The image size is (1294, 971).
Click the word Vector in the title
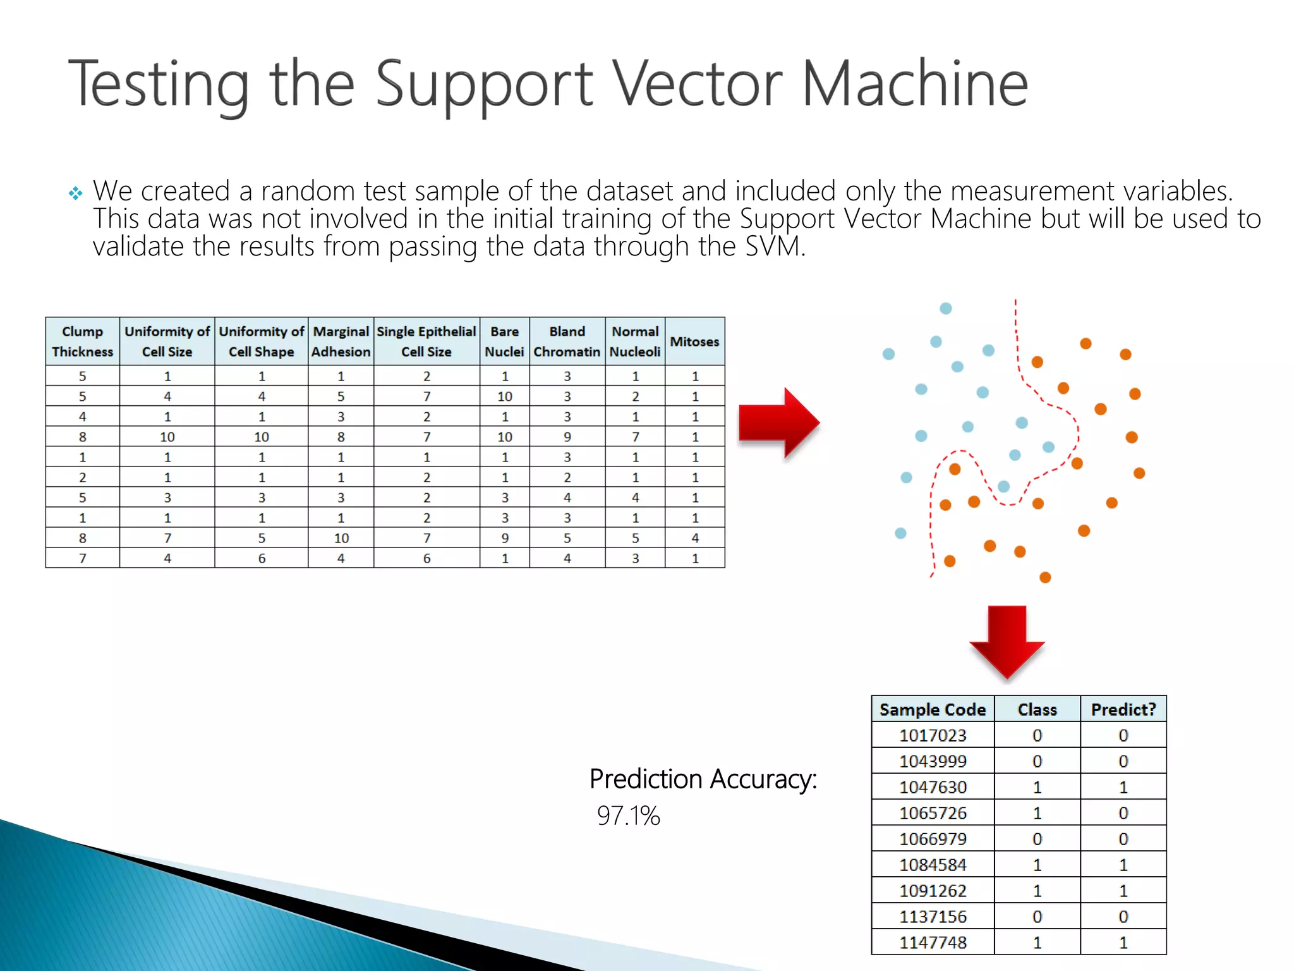(698, 83)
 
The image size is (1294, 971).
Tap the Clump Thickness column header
(82, 341)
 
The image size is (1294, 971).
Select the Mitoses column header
(694, 341)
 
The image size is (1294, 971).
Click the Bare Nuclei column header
(504, 341)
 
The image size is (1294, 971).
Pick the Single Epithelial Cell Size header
(426, 341)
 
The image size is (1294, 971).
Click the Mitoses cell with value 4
(695, 538)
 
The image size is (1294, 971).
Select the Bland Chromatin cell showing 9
(567, 437)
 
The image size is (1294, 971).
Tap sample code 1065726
(933, 813)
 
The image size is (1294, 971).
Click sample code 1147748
(933, 943)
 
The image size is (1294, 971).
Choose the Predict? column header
(1123, 709)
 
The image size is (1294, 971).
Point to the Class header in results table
(1037, 709)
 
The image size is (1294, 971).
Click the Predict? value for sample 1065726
(1123, 813)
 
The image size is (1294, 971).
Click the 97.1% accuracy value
(628, 815)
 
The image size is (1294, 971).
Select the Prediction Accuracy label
(703, 779)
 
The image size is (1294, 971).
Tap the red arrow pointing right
(779, 423)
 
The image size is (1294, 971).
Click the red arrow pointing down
(1007, 640)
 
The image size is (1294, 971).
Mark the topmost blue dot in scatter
(946, 308)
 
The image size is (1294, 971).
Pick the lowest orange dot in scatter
(1045, 577)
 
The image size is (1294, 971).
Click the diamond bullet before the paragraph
(75, 193)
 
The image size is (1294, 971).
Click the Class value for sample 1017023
(1037, 735)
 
